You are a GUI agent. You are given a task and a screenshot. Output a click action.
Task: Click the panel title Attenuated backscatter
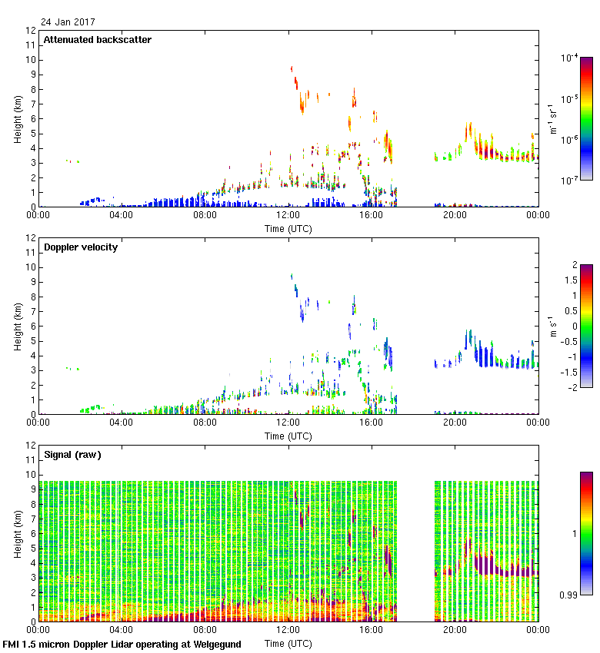[x=98, y=40]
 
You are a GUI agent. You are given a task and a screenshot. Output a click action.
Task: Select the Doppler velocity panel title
[x=81, y=247]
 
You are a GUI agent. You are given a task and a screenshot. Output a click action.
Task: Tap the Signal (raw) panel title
[x=72, y=455]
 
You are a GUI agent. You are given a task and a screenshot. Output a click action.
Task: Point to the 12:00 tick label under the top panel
[x=288, y=216]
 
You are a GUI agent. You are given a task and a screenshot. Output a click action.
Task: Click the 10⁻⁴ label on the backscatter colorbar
[x=569, y=58]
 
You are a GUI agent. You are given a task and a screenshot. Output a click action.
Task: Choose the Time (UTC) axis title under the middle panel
[x=288, y=436]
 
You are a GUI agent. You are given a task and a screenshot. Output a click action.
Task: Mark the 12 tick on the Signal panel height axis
[x=31, y=446]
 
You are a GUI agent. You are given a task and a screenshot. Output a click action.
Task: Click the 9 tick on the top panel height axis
[x=33, y=75]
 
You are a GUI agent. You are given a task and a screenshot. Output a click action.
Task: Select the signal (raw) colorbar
[x=585, y=533]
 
